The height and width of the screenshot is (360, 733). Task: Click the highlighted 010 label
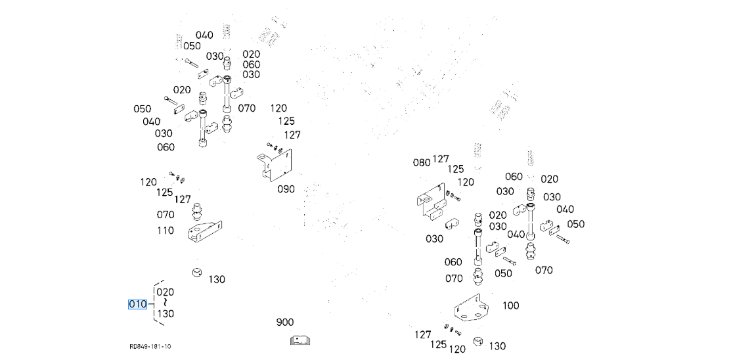point(137,304)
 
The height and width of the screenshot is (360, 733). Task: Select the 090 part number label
point(286,189)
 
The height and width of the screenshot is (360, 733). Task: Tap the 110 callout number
point(166,231)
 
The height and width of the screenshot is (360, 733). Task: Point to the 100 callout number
point(510,305)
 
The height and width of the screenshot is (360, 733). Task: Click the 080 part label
point(421,162)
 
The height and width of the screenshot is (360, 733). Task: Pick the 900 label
point(285,323)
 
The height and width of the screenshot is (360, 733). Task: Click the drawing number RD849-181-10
point(150,346)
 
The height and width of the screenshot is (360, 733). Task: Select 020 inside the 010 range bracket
point(166,292)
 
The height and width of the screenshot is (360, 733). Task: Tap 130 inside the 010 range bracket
point(166,314)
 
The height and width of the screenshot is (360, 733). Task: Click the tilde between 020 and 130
point(166,303)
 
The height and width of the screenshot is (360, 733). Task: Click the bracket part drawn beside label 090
point(273,166)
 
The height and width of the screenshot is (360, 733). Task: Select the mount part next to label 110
point(204,233)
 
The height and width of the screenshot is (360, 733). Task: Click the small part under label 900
point(300,340)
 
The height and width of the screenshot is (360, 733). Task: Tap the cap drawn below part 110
point(196,272)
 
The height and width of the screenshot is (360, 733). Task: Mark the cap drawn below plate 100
point(479,342)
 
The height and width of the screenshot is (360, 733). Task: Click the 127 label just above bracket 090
point(292,135)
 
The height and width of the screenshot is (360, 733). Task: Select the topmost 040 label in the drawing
point(204,35)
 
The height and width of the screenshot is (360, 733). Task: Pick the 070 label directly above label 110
point(166,215)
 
